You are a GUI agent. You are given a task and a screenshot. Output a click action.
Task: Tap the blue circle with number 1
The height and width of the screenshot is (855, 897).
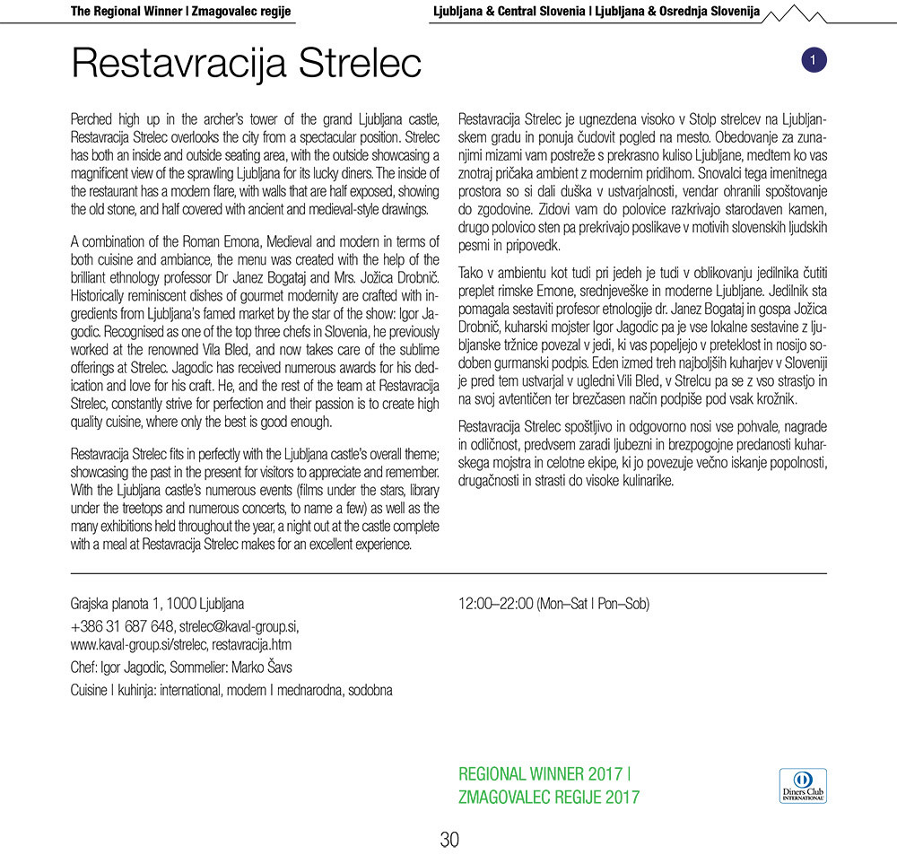tap(812, 60)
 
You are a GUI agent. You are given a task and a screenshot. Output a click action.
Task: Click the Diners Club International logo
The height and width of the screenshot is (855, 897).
tap(804, 785)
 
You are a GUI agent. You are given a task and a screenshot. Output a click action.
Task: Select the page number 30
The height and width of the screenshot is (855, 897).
tap(449, 840)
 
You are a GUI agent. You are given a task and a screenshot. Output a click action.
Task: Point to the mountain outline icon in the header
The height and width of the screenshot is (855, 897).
tap(798, 13)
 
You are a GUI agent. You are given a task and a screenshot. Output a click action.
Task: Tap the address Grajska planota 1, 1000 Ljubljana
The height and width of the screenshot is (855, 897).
tap(157, 604)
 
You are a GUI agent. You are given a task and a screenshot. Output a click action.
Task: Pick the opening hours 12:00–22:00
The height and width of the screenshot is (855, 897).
tap(495, 604)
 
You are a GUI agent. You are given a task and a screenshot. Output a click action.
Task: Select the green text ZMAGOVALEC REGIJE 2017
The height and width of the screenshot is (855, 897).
tap(548, 796)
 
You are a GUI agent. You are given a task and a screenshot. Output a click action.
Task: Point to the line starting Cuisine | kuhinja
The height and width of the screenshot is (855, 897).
tap(231, 689)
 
